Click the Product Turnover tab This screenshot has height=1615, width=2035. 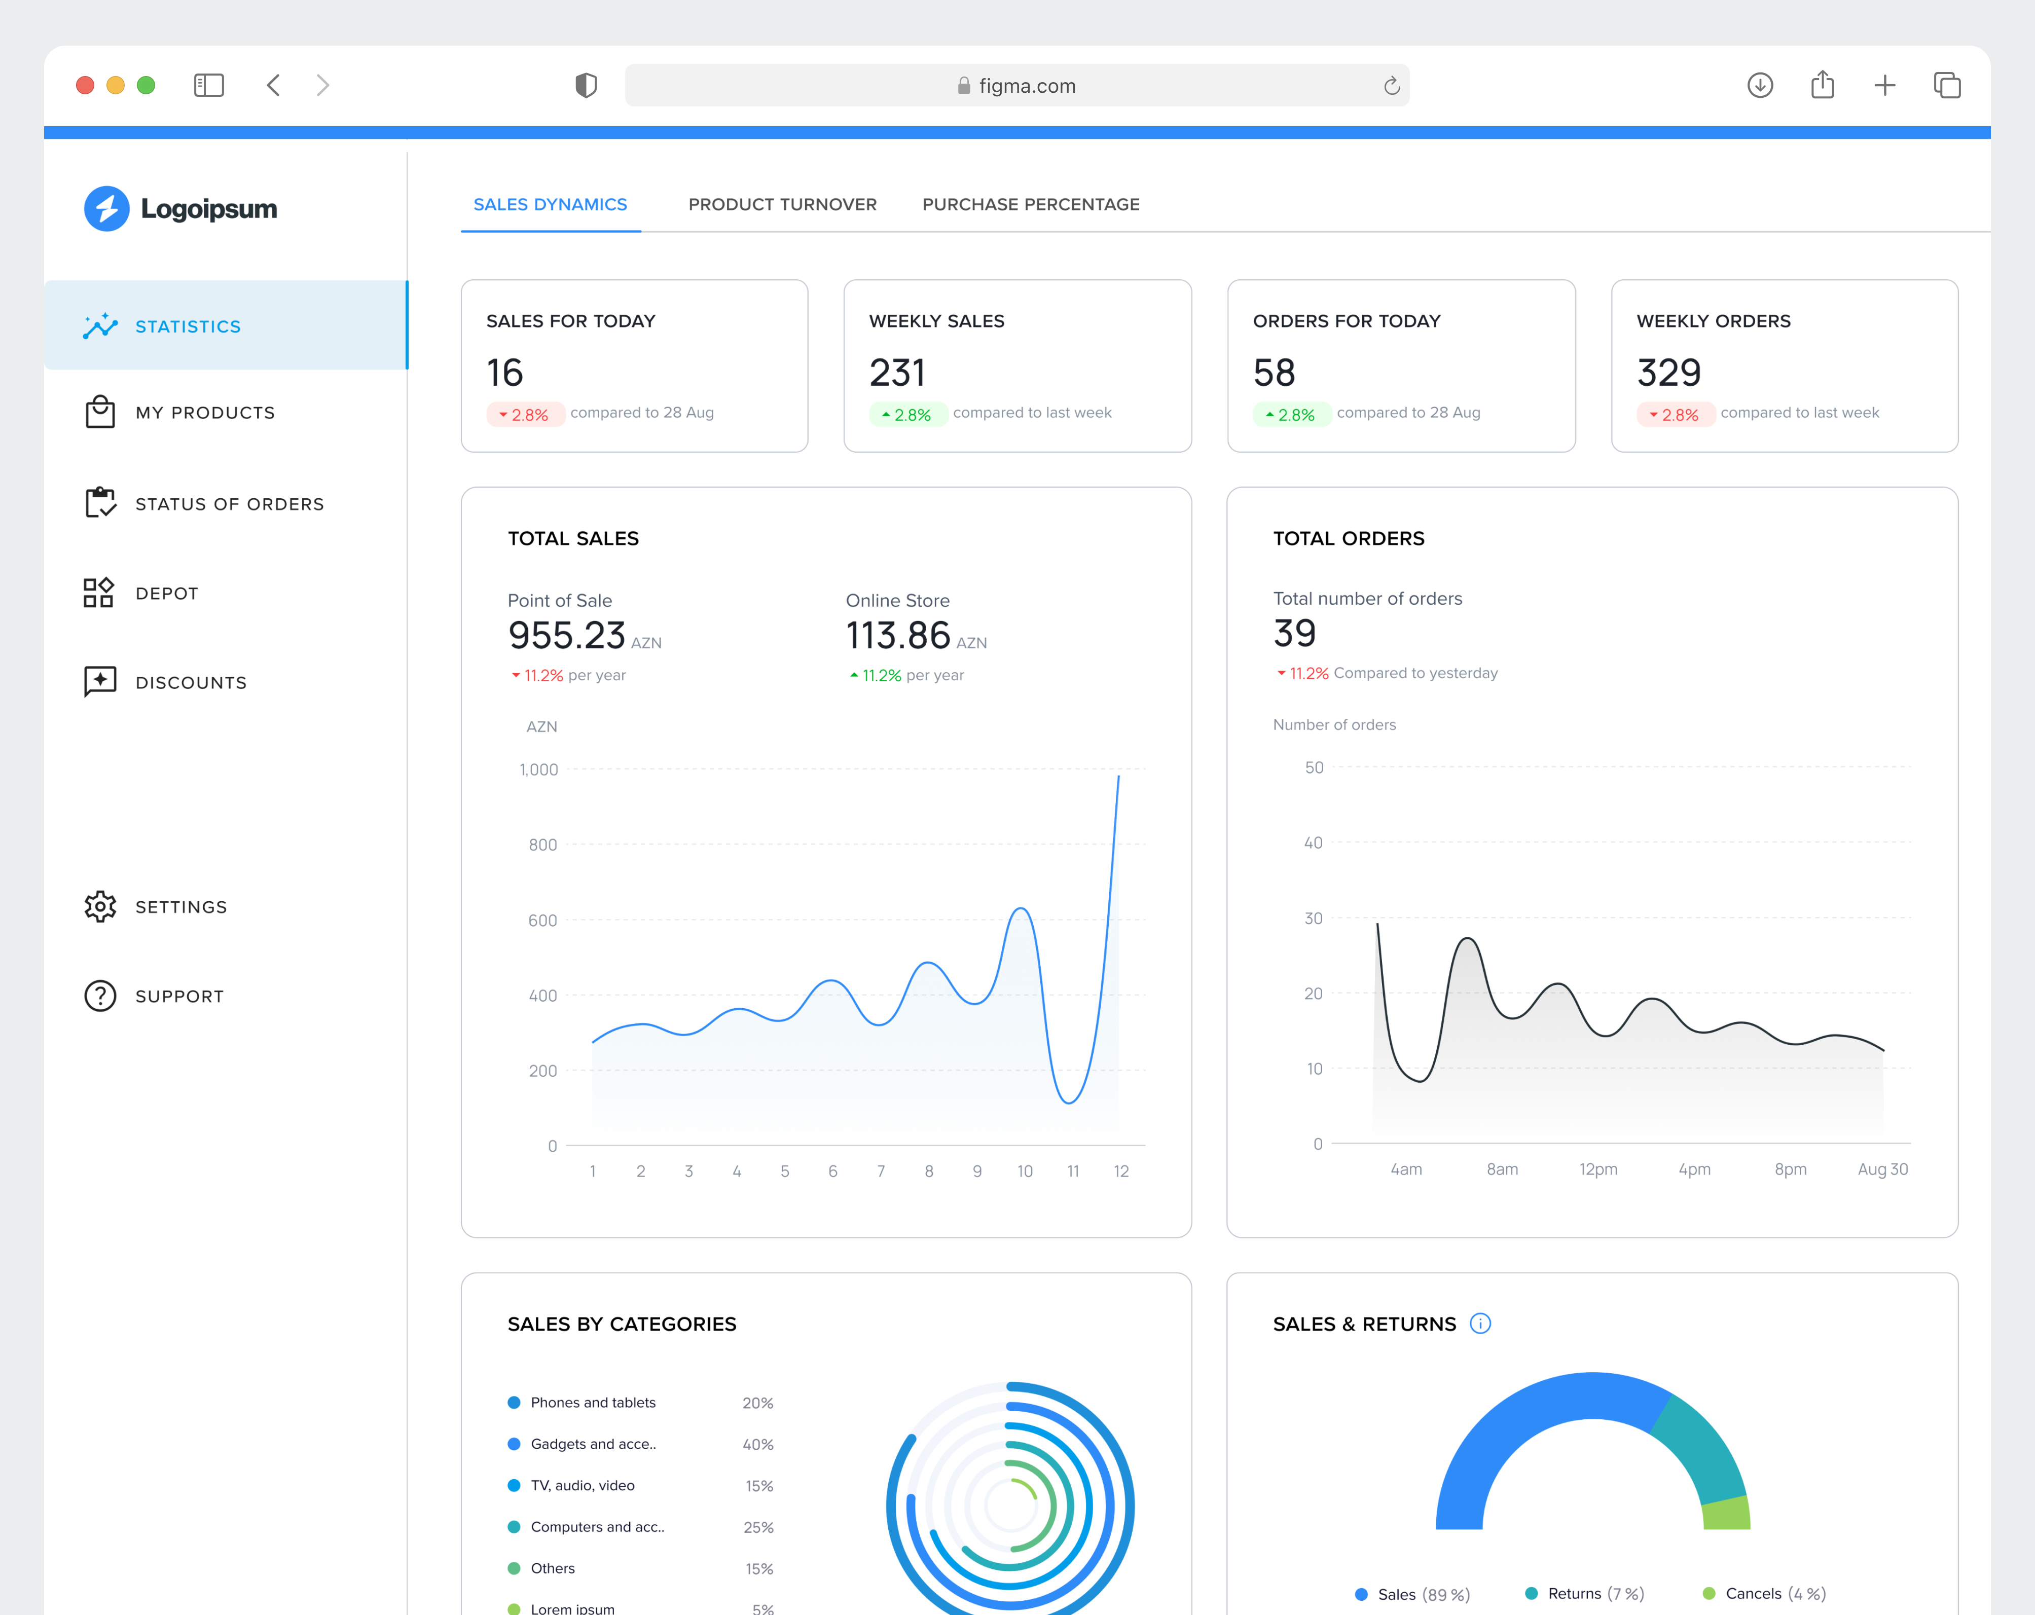tap(782, 205)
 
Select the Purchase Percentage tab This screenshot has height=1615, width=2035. tap(1031, 205)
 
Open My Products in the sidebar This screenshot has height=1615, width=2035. tap(205, 413)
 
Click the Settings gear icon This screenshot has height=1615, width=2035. tap(100, 906)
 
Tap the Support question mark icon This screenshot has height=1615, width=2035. tap(100, 996)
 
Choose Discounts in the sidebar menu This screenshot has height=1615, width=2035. tap(191, 682)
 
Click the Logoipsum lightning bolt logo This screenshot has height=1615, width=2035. tap(106, 209)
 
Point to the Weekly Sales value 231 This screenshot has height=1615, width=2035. tap(897, 373)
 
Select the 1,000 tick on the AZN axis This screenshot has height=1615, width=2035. tap(539, 769)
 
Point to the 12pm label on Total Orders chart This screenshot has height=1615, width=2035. tap(1598, 1169)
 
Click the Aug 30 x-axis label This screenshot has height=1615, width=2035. tap(1882, 1169)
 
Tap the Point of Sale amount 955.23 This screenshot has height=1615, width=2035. tap(566, 635)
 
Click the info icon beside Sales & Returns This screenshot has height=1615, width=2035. tap(1480, 1324)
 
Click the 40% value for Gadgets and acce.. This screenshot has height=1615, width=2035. tap(758, 1444)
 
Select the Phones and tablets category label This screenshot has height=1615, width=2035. tap(593, 1403)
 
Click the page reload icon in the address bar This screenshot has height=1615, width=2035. tap(1391, 86)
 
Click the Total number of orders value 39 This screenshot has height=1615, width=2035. tap(1294, 633)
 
